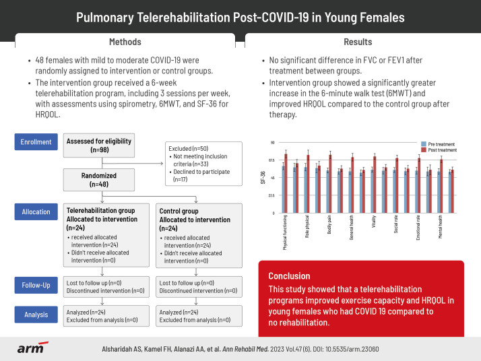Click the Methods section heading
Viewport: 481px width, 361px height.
125,42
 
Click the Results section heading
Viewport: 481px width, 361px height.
358,42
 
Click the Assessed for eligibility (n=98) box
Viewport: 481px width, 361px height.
99,145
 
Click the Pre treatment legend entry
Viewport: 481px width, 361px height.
440,144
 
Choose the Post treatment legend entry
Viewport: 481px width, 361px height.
441,150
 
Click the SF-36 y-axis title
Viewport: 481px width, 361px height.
263,178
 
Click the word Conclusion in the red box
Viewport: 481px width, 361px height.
289,275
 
